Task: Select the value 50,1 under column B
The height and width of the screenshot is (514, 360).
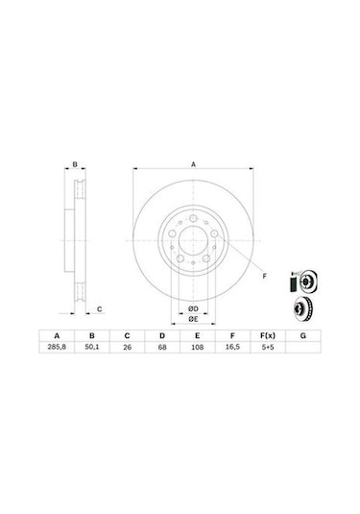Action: coord(92,349)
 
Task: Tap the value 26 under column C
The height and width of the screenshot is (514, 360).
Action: coord(127,349)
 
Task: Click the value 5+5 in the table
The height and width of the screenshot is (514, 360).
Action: coord(267,349)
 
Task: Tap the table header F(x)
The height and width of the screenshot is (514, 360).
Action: coord(267,336)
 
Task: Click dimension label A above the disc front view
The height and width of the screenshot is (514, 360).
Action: coord(193,165)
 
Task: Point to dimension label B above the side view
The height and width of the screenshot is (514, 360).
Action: coord(76,165)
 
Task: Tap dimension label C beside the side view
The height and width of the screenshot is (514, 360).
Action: coord(100,309)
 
